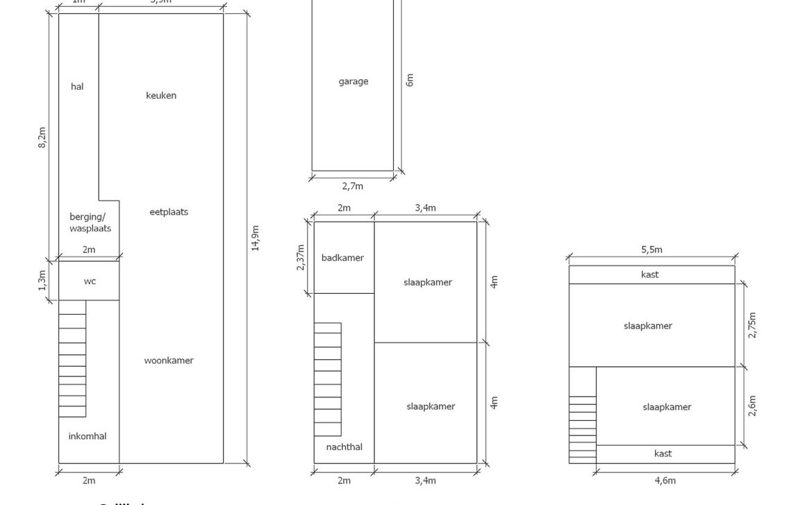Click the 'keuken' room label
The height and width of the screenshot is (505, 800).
point(161,96)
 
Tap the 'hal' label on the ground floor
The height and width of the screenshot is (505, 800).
point(77,87)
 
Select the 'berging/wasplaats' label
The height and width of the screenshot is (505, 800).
point(90,222)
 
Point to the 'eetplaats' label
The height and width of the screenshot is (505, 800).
point(169,212)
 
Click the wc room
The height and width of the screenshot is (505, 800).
point(90,281)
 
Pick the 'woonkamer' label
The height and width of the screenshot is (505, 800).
point(169,361)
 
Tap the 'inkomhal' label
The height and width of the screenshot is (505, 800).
point(87,436)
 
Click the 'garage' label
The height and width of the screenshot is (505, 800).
point(353,81)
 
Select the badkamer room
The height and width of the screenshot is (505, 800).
point(342,258)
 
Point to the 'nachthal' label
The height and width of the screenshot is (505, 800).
point(344,447)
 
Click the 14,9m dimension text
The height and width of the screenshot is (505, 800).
point(256,238)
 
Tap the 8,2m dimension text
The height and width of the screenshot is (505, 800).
point(42,137)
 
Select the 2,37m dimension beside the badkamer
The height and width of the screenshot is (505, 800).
point(301,258)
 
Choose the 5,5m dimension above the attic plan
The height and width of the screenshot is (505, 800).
point(651,250)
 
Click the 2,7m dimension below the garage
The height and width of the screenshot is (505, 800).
point(353,186)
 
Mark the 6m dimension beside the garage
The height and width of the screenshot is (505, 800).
point(410,80)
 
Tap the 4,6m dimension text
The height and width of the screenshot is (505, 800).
point(665,480)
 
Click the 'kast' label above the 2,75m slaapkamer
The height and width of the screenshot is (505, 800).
point(650,274)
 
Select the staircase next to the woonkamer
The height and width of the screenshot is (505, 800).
point(72,358)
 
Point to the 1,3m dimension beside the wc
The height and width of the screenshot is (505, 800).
point(42,281)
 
